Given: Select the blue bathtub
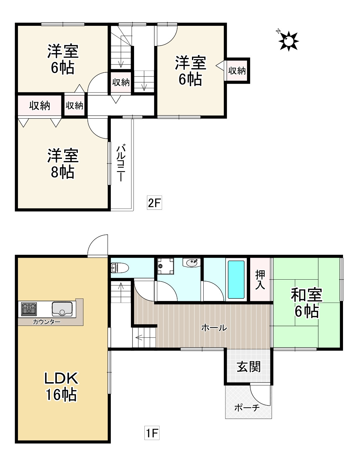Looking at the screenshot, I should (236, 279).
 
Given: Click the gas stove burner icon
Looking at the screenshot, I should (29, 309).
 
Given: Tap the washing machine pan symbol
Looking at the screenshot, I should (166, 266).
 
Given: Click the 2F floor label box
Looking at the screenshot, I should (154, 203).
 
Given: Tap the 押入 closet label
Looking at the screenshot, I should (260, 279).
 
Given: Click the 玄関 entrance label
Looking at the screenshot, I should (249, 367).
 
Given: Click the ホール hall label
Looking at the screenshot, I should (214, 328).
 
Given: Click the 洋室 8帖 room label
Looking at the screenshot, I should (63, 164).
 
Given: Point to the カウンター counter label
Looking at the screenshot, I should (47, 322).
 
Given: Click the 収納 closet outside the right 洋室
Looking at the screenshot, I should (237, 71).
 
